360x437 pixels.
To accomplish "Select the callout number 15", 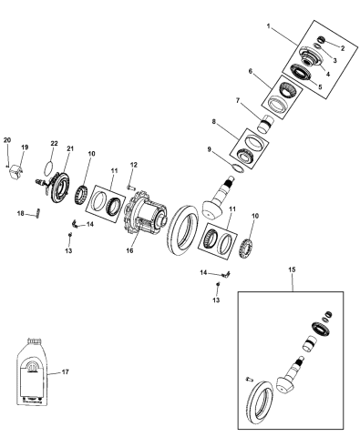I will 292,270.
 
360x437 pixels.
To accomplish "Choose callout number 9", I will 211,151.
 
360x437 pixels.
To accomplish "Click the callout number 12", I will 133,165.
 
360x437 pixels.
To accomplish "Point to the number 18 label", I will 20,214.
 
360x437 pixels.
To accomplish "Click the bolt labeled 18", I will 39,215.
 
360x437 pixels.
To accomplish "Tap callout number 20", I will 7,139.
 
